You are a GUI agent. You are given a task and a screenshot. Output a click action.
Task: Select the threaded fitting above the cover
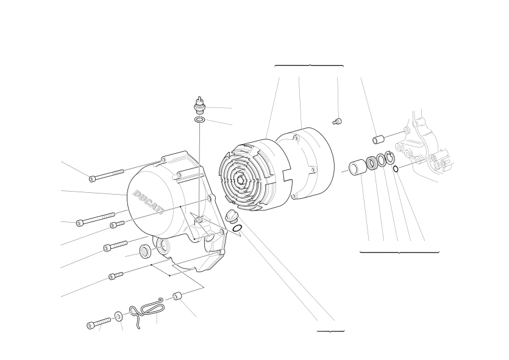(x=200, y=106)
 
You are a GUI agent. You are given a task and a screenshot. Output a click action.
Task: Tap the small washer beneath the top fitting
(x=200, y=120)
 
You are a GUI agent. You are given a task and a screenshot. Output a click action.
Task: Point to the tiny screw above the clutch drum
(x=337, y=121)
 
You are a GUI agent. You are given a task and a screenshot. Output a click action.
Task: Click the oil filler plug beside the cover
(x=230, y=216)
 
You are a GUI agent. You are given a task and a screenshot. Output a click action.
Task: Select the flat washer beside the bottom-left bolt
(x=118, y=316)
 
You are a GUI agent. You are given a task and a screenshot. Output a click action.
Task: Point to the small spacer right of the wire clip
(x=177, y=297)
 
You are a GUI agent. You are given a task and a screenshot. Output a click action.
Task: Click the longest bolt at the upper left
(x=107, y=175)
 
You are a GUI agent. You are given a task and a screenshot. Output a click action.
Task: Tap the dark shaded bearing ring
(x=371, y=163)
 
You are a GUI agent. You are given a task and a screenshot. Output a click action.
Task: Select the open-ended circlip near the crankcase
(x=390, y=158)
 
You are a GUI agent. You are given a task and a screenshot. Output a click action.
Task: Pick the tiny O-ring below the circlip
(x=396, y=169)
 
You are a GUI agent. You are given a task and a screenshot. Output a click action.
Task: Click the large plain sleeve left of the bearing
(x=357, y=167)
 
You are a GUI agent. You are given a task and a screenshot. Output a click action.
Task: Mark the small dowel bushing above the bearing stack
(x=378, y=140)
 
